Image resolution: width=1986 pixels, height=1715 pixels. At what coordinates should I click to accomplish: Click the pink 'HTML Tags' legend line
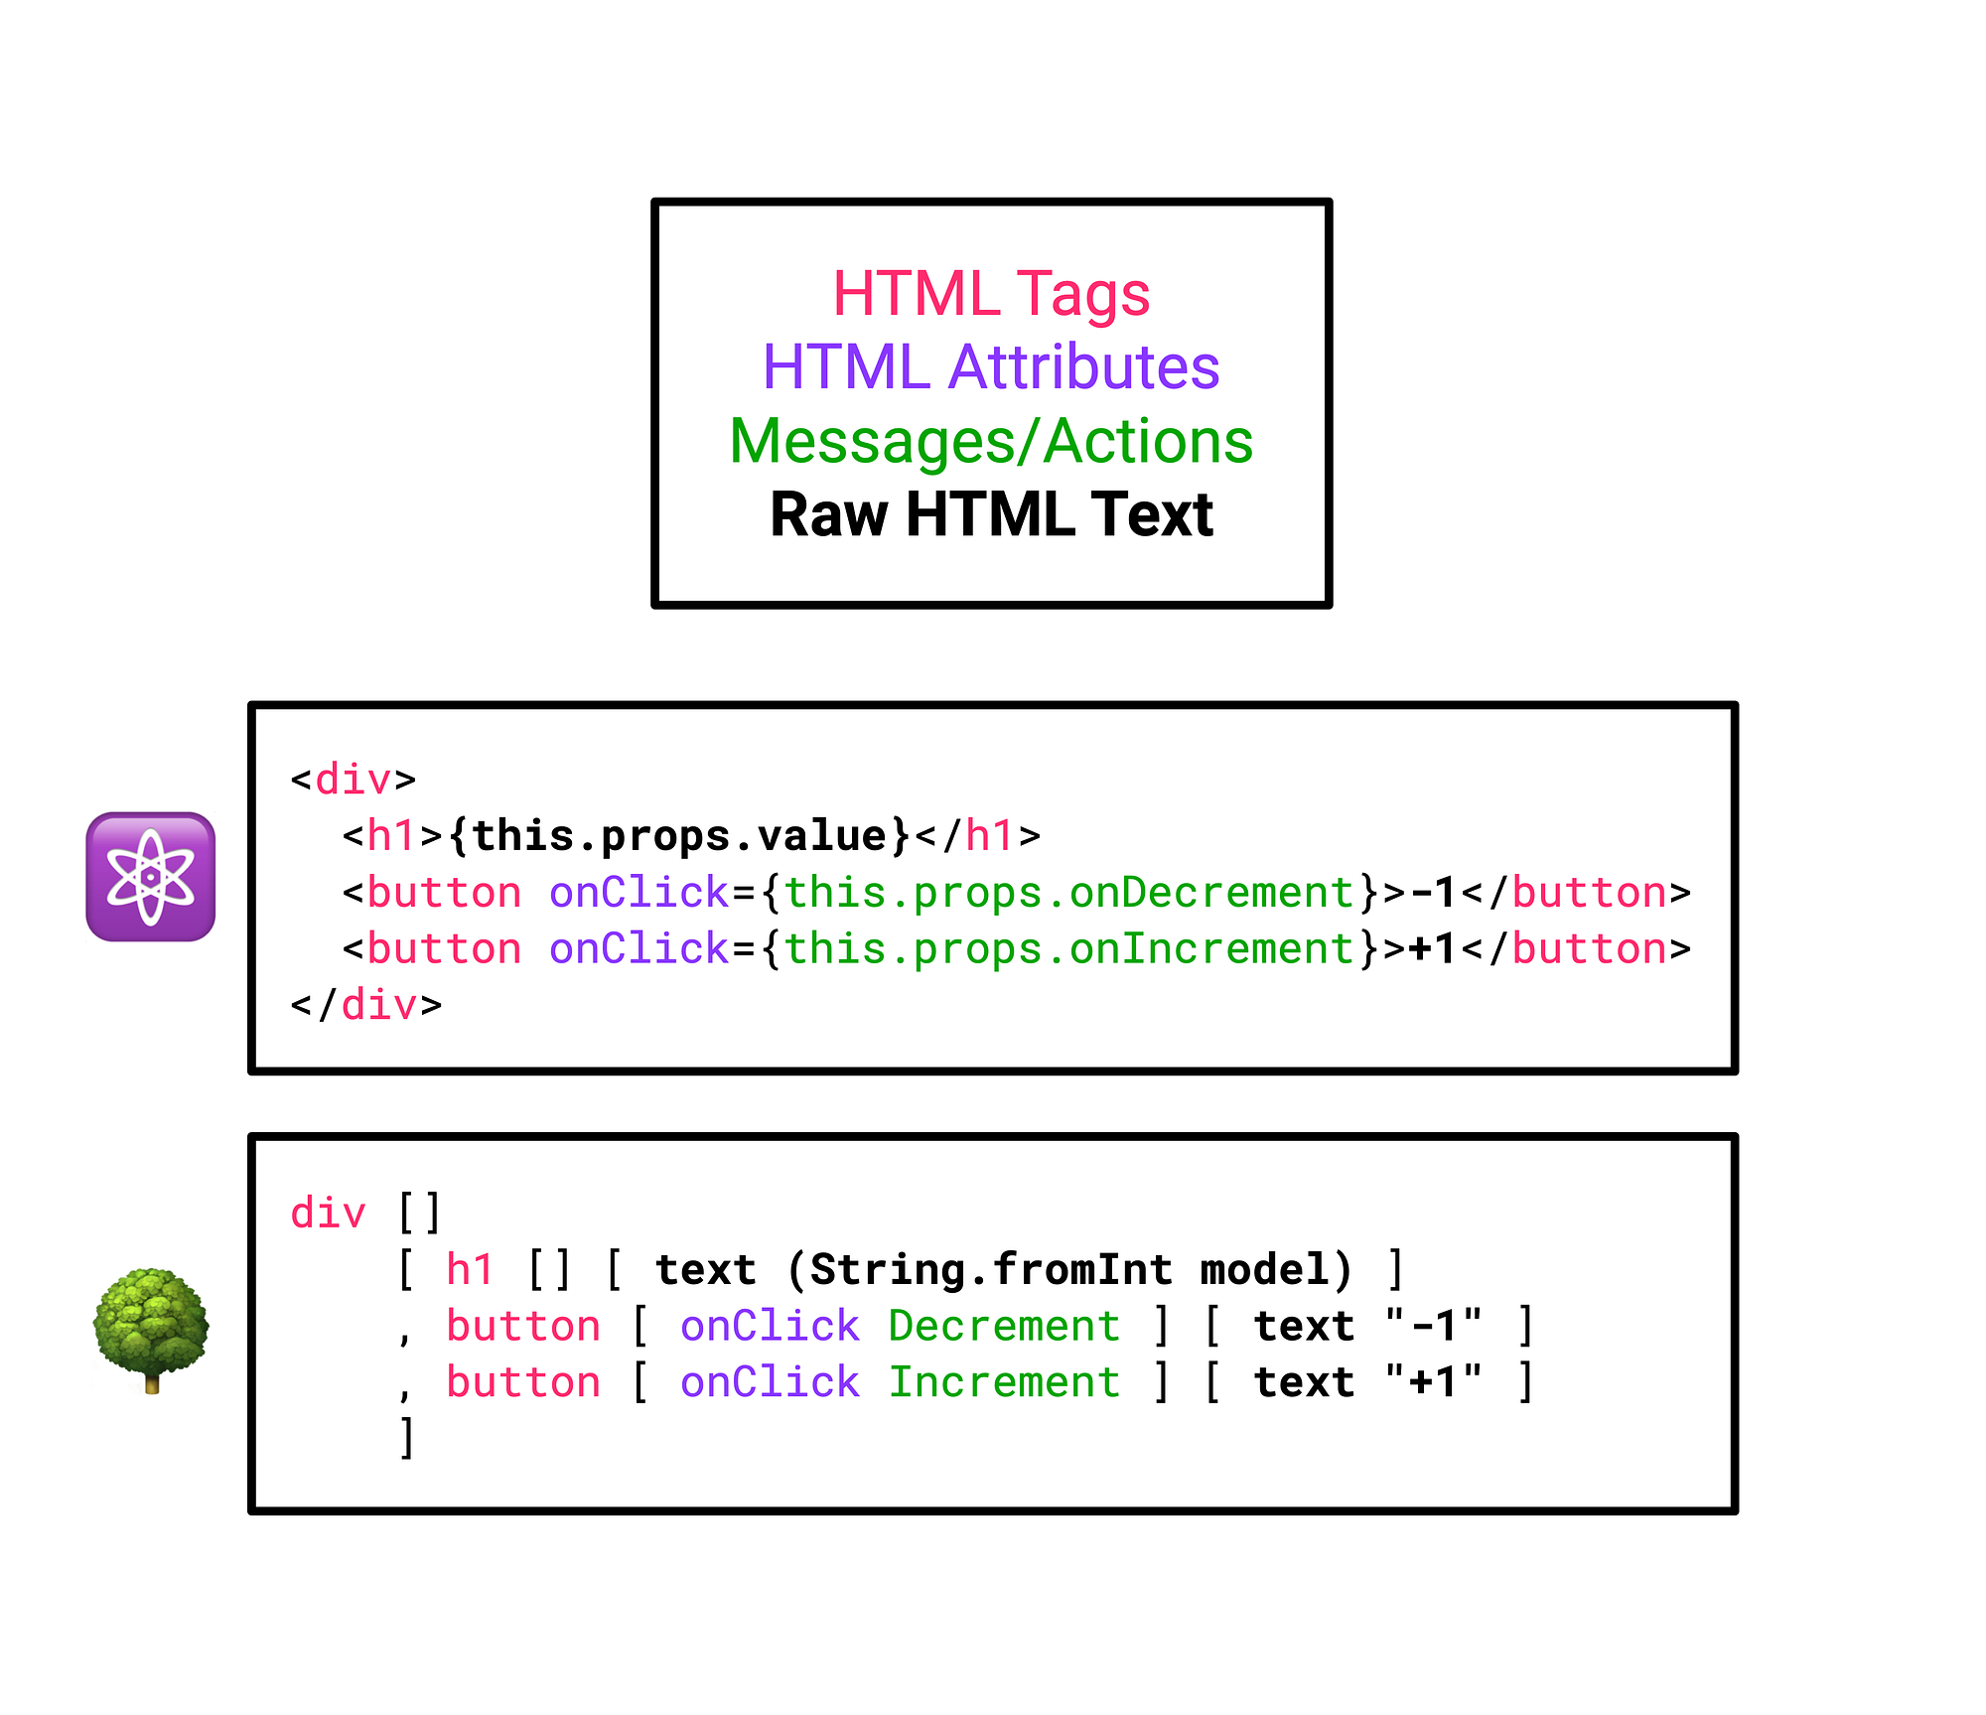991,294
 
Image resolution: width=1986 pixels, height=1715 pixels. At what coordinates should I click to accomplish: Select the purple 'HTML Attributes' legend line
991,367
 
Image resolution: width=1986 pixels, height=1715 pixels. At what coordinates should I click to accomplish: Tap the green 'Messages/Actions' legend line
991,441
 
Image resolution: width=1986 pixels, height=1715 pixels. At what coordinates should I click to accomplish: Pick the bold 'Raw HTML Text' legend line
991,514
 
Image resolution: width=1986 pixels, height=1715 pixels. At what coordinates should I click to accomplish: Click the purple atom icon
151,877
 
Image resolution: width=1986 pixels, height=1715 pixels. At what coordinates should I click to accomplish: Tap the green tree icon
151,1329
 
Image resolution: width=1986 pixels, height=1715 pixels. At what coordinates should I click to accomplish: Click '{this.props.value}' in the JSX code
679,836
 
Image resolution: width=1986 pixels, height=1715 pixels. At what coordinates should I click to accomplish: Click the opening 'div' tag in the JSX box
353,781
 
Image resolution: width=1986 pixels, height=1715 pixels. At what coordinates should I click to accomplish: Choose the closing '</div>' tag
366,1006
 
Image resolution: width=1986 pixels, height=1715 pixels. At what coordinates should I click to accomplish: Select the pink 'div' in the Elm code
328,1214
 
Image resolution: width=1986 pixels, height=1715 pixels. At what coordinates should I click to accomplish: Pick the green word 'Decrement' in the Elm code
1004,1327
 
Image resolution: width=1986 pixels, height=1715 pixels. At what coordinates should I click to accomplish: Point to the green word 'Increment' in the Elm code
1004,1382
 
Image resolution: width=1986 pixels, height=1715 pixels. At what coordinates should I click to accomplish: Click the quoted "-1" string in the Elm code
1434,1327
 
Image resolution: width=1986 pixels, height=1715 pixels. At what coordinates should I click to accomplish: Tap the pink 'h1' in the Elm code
470,1270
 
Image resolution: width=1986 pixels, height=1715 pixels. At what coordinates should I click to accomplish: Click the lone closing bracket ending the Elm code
406,1437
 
